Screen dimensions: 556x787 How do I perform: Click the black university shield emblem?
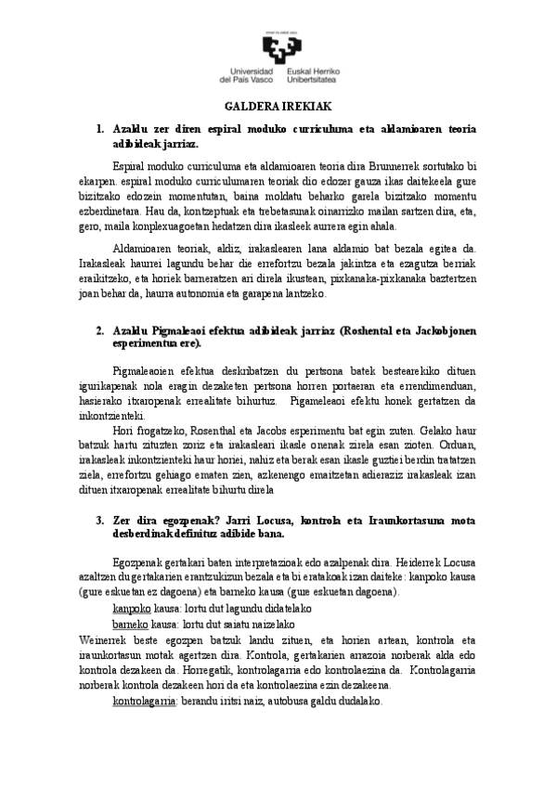point(278,47)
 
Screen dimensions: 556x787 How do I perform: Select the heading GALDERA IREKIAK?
point(278,109)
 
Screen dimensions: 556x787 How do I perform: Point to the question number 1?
point(100,129)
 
